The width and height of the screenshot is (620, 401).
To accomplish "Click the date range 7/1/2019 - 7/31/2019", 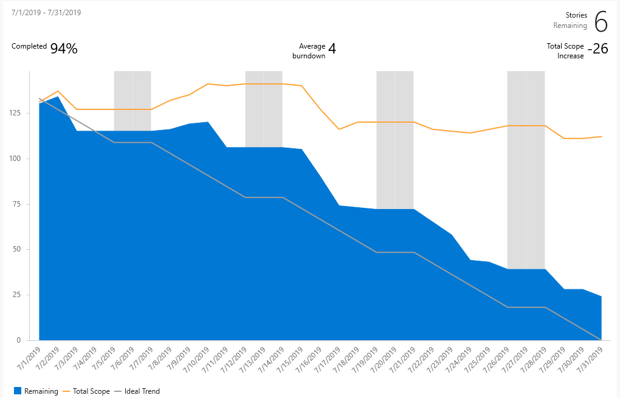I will coord(46,12).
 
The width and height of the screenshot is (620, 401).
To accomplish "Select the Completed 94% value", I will coord(64,49).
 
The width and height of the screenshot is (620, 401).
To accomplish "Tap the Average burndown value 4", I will coord(332,49).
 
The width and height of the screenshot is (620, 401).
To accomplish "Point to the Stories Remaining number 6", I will coord(601,22).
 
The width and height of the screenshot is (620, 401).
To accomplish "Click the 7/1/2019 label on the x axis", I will coord(29,359).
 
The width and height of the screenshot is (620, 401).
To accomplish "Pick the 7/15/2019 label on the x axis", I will coord(292,359).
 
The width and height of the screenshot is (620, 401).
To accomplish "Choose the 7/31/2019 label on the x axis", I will coord(591,359).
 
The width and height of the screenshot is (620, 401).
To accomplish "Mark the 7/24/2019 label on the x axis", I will coord(460,359).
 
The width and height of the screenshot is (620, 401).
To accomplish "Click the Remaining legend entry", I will coord(41,391).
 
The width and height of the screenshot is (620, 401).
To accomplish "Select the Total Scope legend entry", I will coord(91,391).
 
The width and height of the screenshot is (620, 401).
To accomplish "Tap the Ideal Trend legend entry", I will coord(142,391).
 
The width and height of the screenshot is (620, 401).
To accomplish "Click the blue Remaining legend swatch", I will coord(17,391).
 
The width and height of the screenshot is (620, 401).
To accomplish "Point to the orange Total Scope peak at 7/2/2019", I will coord(58,91).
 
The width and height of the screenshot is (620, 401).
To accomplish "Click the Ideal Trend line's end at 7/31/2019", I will coord(601,340).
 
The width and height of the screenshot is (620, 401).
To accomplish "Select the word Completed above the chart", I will coord(29,46).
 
